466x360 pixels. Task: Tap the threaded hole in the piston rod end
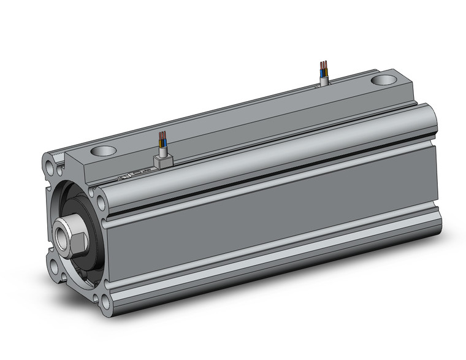point(62,236)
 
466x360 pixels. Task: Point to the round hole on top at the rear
point(384,80)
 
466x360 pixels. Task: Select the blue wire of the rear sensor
point(326,73)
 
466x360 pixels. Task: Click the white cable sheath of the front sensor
point(163,150)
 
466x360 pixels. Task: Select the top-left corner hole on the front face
point(48,164)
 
